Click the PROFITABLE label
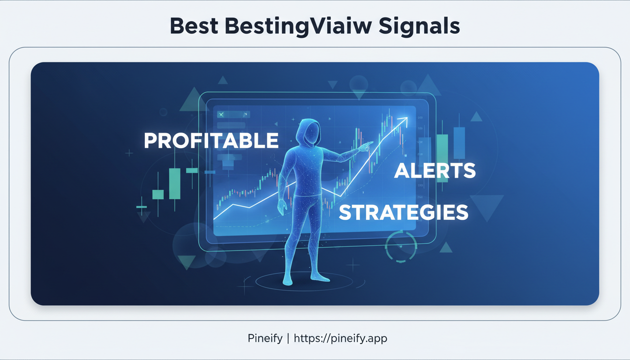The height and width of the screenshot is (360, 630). (x=211, y=141)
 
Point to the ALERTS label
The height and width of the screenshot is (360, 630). (x=435, y=171)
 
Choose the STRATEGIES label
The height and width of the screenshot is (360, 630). (x=403, y=212)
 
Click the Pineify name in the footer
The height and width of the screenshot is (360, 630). (x=263, y=338)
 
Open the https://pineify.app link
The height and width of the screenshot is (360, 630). (x=340, y=338)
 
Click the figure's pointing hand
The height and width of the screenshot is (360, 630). (x=366, y=147)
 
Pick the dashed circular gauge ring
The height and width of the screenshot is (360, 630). (x=401, y=246)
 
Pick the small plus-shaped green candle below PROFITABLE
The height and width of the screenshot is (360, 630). (x=141, y=206)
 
